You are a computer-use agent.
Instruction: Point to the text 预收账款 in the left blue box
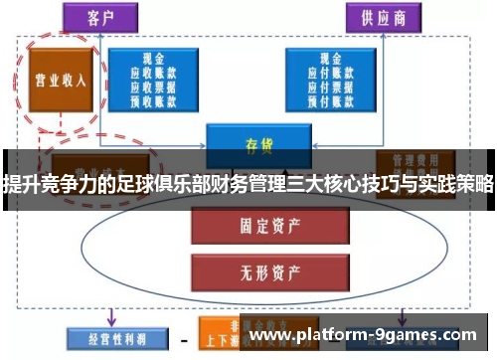[152, 98]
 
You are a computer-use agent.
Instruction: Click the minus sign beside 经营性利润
[183, 337]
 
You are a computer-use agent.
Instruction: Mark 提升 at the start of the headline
[19, 183]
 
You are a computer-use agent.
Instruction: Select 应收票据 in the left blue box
[152, 86]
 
